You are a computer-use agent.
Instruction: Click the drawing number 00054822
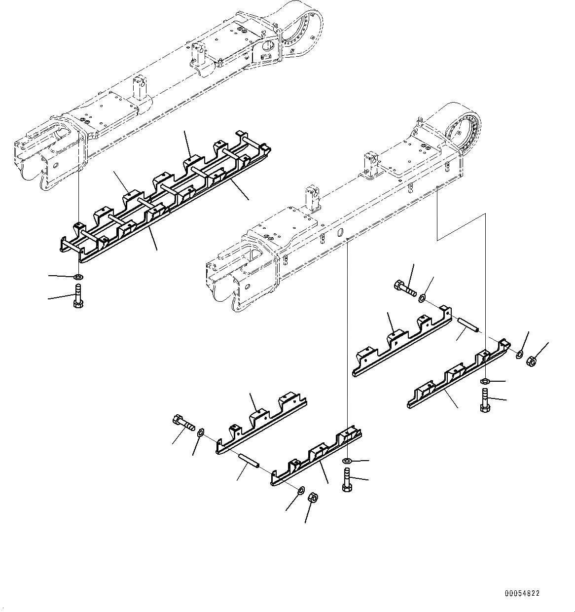coord(522,593)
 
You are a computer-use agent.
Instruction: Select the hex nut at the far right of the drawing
coord(532,361)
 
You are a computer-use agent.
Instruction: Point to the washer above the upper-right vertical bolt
coord(485,381)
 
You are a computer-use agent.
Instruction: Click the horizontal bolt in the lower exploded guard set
coord(182,423)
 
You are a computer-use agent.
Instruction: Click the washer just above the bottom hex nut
coord(300,489)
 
